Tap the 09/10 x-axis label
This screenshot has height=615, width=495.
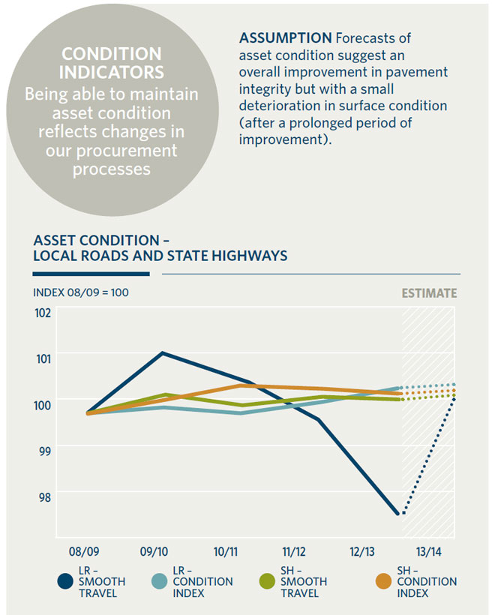click(154, 552)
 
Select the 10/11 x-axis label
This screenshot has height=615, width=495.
click(226, 552)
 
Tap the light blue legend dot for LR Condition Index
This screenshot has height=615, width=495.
click(160, 581)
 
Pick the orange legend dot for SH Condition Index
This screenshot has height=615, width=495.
click(385, 581)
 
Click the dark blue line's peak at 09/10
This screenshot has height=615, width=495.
click(163, 352)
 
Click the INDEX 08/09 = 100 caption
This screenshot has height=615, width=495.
click(81, 292)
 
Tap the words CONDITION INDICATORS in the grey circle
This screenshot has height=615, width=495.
click(111, 64)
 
